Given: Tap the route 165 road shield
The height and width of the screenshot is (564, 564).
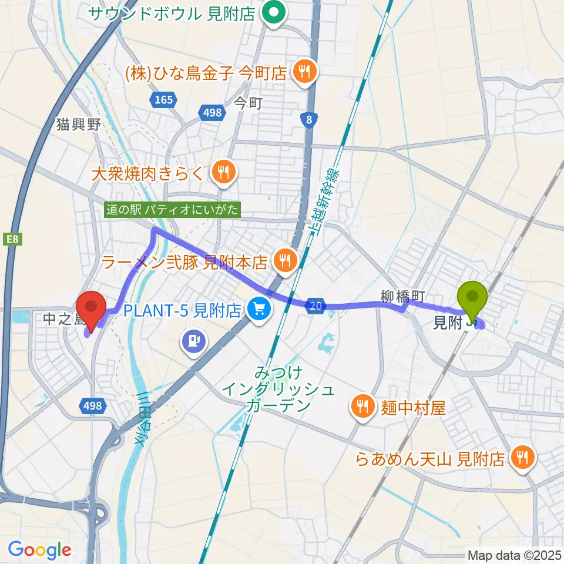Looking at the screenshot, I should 163,100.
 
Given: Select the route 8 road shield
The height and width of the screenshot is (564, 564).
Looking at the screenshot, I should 308,120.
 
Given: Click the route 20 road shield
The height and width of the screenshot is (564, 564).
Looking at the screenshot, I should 316,305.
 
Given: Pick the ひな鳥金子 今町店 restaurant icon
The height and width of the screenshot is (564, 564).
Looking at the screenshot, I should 304,72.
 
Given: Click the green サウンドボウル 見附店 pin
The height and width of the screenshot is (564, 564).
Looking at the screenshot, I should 273,14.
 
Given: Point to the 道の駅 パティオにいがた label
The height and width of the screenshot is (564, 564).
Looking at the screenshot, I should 173,209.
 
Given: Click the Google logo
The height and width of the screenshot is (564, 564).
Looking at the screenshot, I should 39,550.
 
